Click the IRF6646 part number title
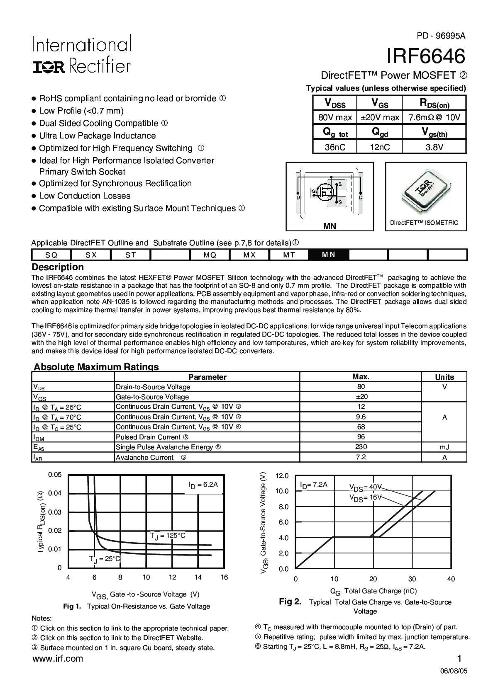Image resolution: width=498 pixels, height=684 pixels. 426,56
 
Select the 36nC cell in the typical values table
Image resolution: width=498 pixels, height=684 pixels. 335,147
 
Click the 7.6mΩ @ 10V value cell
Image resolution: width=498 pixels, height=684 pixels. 434,117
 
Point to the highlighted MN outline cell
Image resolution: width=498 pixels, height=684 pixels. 328,255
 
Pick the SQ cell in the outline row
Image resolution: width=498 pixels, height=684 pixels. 51,255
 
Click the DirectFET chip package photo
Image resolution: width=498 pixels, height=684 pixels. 426,190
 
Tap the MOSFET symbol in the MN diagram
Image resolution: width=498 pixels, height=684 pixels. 326,192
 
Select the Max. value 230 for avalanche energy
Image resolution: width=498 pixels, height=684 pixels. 361,447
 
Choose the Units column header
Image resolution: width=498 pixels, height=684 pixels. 444,377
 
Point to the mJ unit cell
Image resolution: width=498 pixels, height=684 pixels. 444,447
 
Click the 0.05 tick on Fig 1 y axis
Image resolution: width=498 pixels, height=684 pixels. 55,475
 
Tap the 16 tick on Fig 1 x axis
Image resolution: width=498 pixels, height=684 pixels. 224,577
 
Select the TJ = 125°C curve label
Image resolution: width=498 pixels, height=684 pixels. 168,536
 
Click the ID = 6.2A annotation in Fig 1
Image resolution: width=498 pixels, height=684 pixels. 203,485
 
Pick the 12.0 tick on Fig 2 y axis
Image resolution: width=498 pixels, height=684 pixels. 282,475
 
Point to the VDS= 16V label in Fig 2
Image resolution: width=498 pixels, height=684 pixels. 365,498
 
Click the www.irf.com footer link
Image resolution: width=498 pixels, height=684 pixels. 57,659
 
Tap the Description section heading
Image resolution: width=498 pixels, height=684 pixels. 58,267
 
